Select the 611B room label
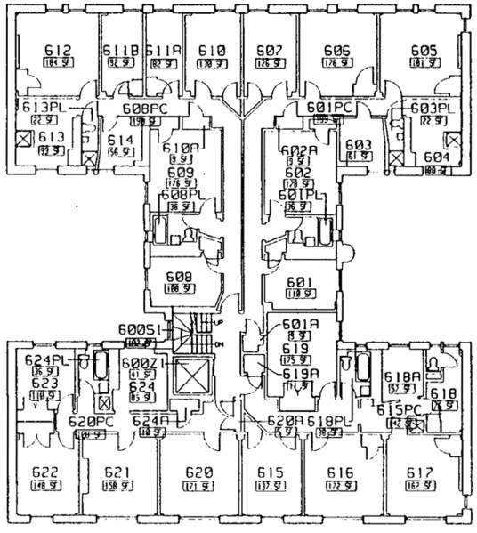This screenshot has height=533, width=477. point(117,51)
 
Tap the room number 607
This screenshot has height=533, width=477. point(270,51)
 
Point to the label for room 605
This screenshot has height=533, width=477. point(424,51)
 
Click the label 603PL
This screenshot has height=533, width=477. point(432,109)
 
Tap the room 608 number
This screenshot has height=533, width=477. point(181,277)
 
